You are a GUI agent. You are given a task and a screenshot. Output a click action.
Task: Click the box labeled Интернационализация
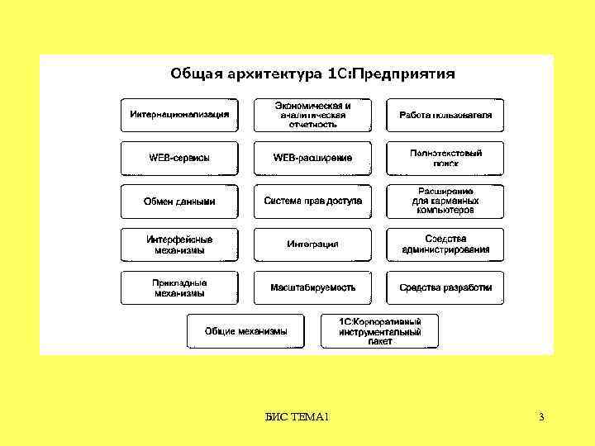179,115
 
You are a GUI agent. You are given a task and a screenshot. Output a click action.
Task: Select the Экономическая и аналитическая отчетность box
312,115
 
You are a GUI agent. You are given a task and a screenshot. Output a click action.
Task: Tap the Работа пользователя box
445,115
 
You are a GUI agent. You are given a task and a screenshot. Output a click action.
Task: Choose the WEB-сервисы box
179,158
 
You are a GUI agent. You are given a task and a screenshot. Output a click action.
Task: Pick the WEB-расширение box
312,158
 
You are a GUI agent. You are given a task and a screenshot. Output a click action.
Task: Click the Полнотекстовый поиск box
445,158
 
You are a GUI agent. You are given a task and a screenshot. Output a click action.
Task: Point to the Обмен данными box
179,202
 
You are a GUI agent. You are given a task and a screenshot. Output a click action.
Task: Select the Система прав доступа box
312,202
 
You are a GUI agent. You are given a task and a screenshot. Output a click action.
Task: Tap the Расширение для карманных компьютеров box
445,202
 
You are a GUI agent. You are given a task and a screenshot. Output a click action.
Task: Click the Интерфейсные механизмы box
179,244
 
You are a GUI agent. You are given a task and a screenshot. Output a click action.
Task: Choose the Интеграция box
312,244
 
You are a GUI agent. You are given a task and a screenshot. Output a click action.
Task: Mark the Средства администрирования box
445,244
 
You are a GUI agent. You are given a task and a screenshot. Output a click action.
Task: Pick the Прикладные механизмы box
179,287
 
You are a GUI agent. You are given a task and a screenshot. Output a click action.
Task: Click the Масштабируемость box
312,287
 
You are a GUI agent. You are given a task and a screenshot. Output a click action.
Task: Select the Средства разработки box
445,287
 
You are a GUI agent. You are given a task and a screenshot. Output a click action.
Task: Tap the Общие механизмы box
246,331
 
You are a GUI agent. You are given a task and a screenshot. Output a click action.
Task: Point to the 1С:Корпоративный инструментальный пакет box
380,331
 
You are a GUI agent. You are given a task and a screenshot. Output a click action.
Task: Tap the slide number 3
541,417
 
